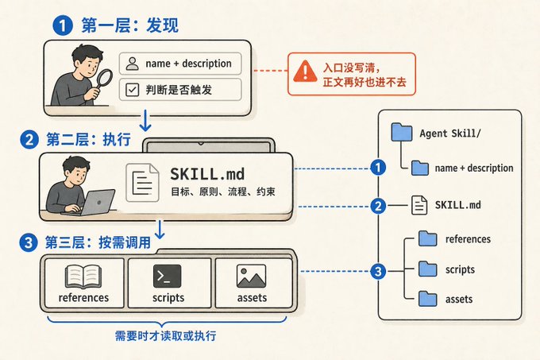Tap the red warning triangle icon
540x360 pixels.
305,72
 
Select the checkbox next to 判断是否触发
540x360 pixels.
133,90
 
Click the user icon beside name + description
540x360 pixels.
133,64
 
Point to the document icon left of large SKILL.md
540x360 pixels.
143,183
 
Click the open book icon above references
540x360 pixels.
83,277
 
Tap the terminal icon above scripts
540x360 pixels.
167,276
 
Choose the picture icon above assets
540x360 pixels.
252,276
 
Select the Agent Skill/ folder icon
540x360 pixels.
402,132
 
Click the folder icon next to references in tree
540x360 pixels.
428,238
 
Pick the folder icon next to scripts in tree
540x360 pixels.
428,269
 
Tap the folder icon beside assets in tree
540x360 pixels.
428,299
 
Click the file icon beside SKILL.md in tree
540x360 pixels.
419,205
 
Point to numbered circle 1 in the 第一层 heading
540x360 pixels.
62,26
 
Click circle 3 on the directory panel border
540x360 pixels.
378,271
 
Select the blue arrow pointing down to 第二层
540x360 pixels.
145,121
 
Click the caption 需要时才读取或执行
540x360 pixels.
165,336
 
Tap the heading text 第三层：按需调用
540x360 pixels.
98,242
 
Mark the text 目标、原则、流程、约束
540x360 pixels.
223,192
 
